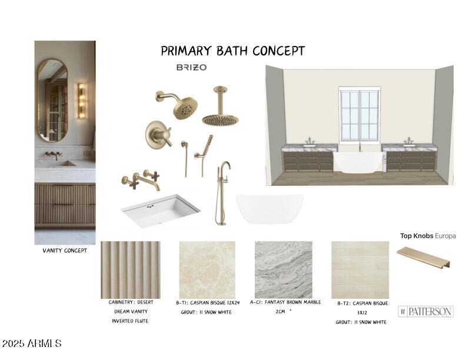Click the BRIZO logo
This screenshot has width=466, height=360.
pos(191,68)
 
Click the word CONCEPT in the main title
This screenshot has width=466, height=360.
pos(279,51)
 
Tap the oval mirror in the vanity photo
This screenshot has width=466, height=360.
pos(52,100)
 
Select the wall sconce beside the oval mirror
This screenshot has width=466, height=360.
pos(82,101)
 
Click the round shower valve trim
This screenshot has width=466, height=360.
pos(158,135)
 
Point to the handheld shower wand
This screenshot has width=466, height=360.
pos(204,155)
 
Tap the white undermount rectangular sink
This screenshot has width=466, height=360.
pos(161,211)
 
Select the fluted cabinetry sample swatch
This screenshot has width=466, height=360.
pos(131,269)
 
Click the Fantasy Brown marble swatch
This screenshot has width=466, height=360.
pos(284,269)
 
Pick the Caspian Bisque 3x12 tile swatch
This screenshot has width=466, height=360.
pos(360,269)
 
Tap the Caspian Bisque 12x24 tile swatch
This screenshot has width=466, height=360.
pos(207,269)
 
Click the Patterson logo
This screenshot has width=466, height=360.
pos(425,312)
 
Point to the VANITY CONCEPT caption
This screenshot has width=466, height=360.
pos(65,251)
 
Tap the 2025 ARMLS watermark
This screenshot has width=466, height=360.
pos(32,344)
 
